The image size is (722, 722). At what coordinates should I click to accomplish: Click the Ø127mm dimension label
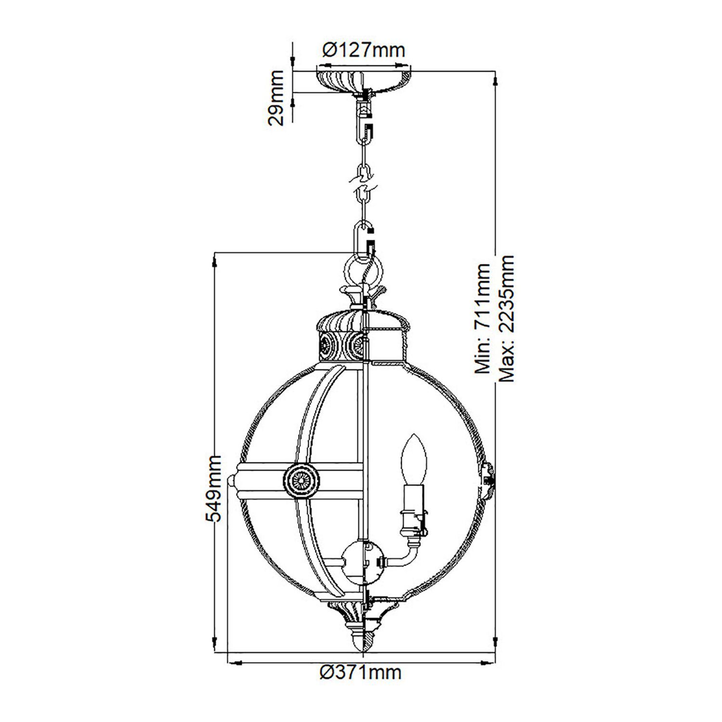(363, 50)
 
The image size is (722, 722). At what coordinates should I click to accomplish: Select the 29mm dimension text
(276, 98)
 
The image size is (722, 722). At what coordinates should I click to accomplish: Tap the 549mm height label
(213, 488)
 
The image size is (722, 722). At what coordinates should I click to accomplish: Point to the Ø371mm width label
(361, 672)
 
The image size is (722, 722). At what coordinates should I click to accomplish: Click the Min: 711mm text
(483, 319)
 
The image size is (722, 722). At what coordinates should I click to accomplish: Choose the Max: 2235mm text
(506, 319)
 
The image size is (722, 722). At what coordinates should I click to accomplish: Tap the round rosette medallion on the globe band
(301, 480)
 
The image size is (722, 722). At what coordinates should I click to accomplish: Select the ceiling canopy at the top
(363, 80)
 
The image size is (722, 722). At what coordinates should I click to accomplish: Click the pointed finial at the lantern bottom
(363, 641)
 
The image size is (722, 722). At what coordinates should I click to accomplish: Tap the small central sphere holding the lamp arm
(362, 561)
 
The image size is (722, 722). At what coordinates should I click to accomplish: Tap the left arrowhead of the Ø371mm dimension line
(236, 663)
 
